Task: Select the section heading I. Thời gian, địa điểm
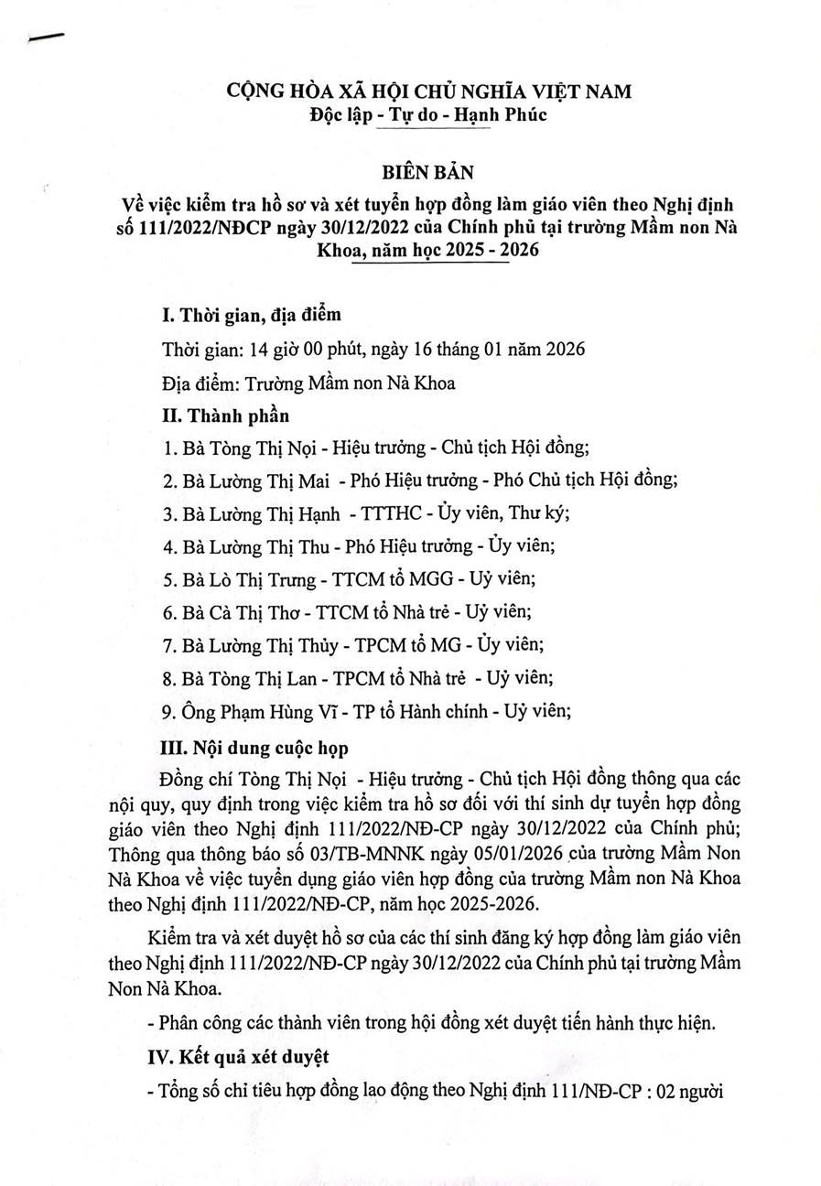coord(250,317)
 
